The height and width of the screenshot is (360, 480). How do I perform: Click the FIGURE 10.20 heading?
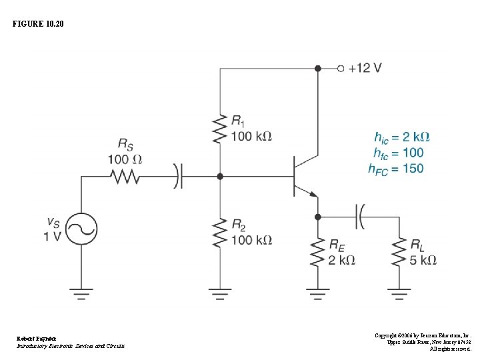(38, 25)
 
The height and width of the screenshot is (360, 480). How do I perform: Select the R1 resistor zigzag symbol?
(220, 129)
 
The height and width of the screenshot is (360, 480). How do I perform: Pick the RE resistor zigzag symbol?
(318, 252)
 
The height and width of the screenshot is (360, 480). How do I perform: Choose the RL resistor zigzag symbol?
(399, 252)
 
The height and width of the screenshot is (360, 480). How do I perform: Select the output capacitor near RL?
(361, 217)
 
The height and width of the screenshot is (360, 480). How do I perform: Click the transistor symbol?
(303, 177)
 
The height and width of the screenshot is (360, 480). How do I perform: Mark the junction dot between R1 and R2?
(220, 177)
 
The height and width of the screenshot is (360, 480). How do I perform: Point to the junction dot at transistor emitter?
(318, 217)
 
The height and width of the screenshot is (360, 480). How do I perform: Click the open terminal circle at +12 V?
(340, 68)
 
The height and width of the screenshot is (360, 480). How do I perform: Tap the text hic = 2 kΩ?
(402, 137)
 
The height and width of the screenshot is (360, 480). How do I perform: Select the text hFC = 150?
(395, 169)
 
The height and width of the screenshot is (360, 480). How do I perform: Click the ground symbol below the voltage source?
(81, 291)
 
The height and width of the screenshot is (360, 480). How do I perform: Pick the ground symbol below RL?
(399, 291)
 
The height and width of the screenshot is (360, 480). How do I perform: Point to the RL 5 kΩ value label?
(423, 260)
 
